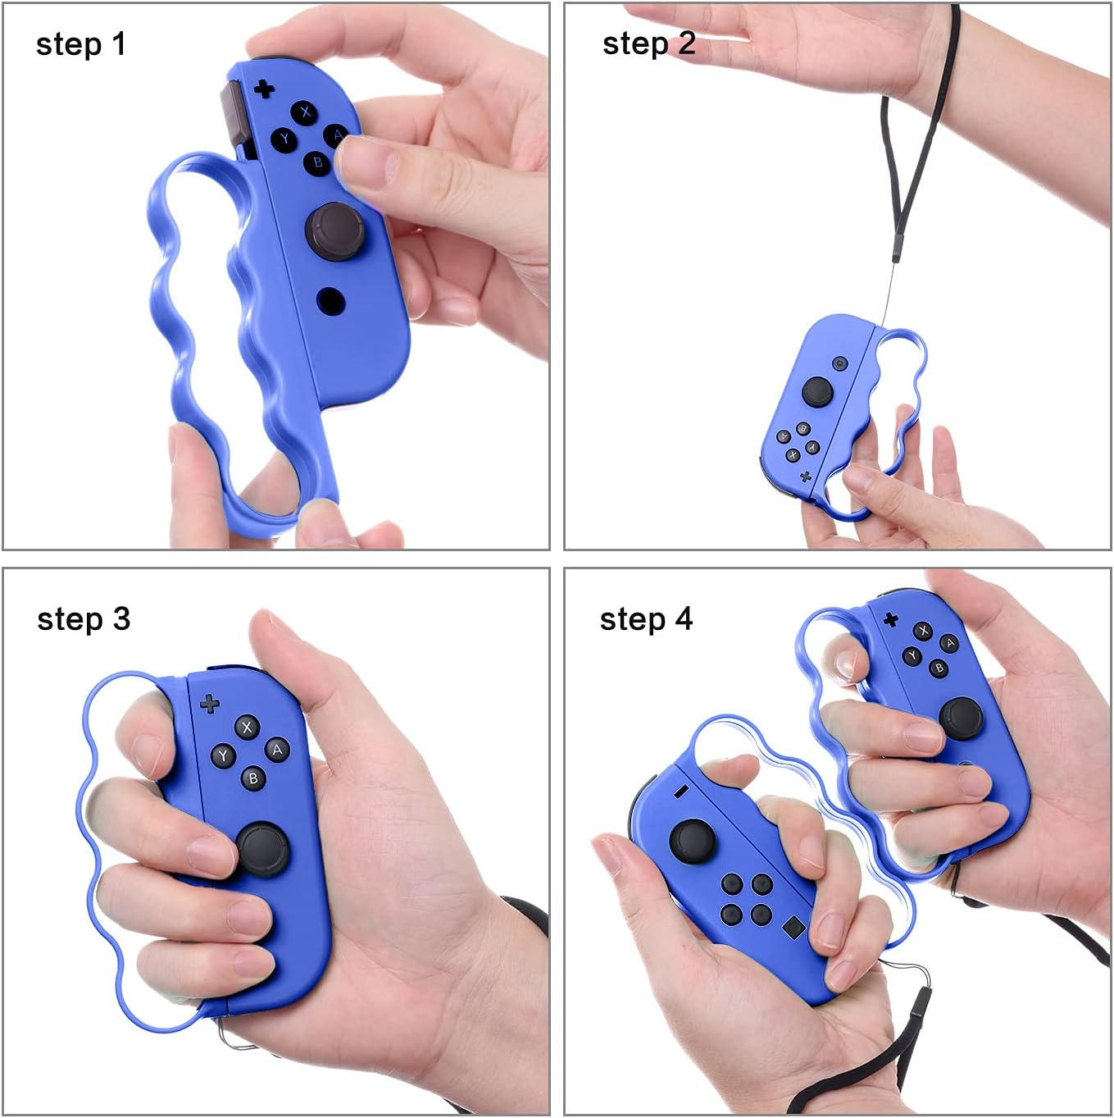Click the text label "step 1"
click(x=81, y=44)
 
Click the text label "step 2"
click(x=648, y=43)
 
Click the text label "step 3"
click(x=84, y=619)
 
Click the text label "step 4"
click(x=646, y=619)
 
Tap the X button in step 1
click(x=306, y=112)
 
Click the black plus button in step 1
click(x=264, y=88)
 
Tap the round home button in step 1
click(x=330, y=301)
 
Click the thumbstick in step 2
click(x=817, y=391)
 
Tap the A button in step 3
click(x=277, y=750)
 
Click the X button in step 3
click(x=247, y=727)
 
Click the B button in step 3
click(x=253, y=778)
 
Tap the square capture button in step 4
click(x=793, y=928)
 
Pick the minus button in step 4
click(x=680, y=792)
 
